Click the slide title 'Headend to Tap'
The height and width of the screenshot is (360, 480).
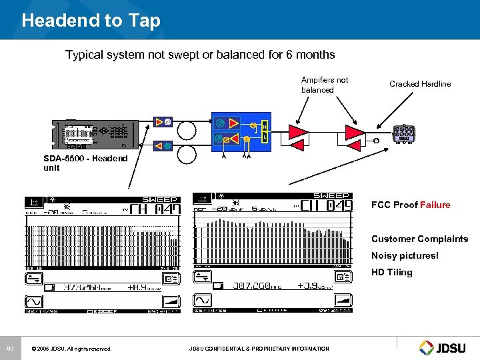coord(91,21)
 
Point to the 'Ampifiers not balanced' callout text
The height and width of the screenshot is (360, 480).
coord(325,85)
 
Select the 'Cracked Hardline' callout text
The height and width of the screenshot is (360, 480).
coord(420,84)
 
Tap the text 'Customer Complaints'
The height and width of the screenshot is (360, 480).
coord(419,239)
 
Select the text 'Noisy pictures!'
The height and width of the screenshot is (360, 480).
coord(405,256)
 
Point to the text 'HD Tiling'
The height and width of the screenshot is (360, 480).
coord(391,273)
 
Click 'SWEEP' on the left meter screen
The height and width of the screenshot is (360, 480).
coord(161,199)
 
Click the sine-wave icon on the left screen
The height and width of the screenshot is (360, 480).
coord(34,301)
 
